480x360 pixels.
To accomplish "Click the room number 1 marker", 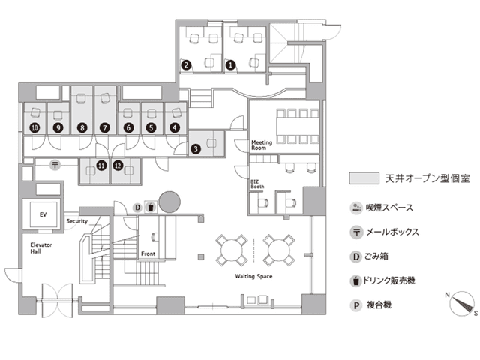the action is click(231, 65).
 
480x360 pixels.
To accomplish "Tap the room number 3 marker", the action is click(196, 149).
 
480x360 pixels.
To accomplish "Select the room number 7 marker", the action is click(105, 127).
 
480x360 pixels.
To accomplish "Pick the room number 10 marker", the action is click(35, 127).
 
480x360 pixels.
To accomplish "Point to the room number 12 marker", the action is click(118, 166).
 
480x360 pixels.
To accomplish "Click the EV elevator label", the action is click(43, 214).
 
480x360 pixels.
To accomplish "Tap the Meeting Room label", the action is click(262, 145).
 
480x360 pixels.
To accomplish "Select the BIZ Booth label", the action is click(257, 184).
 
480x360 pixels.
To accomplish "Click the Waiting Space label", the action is click(253, 276).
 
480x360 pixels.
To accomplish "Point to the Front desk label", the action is click(148, 253).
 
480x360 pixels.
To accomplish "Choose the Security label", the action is click(76, 221).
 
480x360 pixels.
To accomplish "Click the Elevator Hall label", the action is click(41, 248).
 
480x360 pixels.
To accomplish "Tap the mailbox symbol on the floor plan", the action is click(55, 166).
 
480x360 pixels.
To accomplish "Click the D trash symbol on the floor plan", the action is click(138, 208).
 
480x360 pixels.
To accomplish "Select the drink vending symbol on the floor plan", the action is click(151, 207).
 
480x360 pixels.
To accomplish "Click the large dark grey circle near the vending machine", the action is click(169, 202).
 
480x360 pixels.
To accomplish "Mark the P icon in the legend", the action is click(356, 305).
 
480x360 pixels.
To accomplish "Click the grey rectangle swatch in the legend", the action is click(364, 178).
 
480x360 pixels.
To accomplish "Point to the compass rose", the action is click(461, 303).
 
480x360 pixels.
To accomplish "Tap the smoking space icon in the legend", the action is click(356, 208).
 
